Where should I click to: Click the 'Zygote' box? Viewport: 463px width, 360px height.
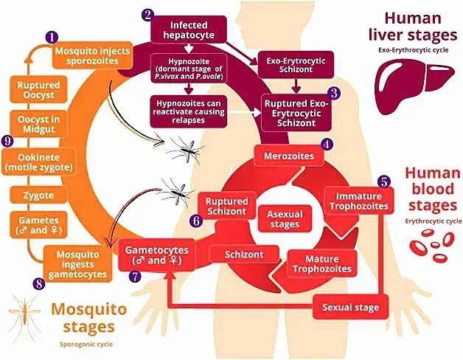point(38,195)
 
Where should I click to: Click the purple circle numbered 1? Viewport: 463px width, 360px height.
point(51,36)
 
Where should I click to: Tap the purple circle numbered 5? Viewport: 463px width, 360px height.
point(383,180)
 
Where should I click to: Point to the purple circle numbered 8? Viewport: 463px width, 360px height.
point(39,283)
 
